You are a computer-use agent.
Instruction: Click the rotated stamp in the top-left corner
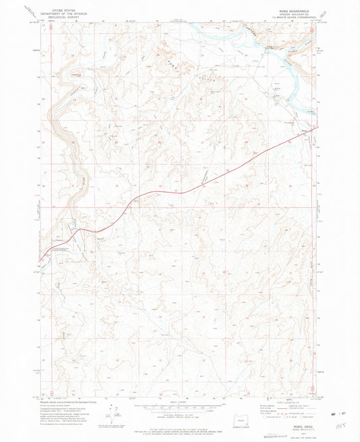click(x=27, y=9)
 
